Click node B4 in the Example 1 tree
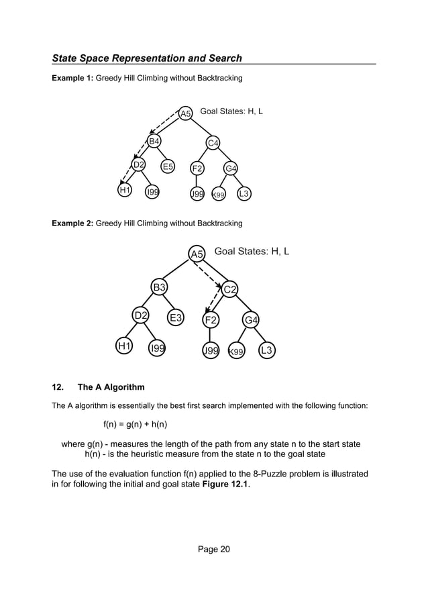point(154,141)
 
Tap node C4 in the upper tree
point(213,142)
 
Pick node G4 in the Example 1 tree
point(231,168)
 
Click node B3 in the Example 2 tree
point(159,288)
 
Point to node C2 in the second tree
point(230,289)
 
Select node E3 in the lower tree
point(176,318)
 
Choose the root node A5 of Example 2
point(197,254)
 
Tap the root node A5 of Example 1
point(185,113)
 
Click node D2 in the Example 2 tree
point(141,315)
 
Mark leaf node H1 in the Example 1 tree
point(124,191)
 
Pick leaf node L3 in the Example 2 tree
point(267,350)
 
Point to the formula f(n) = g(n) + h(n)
point(135,424)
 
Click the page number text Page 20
point(214,550)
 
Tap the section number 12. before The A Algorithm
point(58,387)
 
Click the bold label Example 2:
point(72,223)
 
